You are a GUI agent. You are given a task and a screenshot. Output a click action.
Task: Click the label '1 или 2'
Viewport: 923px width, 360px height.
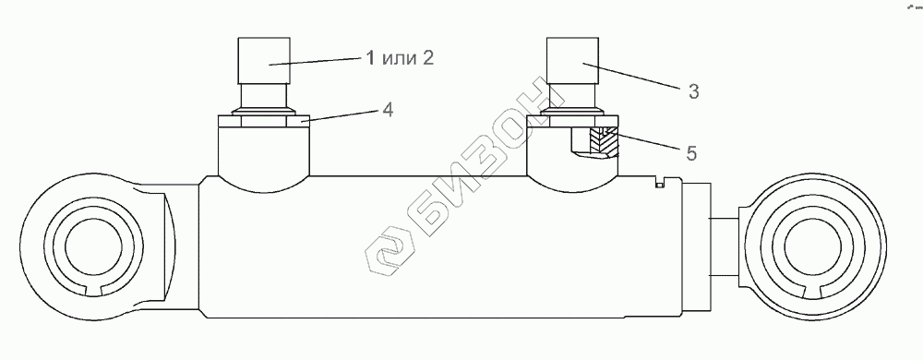(400, 58)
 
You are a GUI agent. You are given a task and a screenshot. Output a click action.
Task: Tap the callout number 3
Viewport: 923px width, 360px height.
(693, 91)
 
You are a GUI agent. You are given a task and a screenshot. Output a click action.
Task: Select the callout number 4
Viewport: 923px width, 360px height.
(387, 110)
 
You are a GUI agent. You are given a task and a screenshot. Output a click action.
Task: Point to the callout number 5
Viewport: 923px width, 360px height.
(690, 153)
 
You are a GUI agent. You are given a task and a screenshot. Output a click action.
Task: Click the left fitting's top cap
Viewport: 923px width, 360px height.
(264, 60)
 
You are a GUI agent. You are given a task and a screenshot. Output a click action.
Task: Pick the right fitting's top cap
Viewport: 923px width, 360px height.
(572, 60)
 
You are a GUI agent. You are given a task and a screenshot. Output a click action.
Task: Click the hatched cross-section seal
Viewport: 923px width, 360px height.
(605, 143)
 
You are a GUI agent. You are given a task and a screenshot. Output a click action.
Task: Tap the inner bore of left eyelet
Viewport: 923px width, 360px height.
(89, 246)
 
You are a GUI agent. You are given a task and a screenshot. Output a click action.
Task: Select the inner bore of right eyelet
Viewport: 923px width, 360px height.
(810, 246)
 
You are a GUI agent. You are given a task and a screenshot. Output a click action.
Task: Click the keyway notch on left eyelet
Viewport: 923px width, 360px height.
(93, 289)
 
